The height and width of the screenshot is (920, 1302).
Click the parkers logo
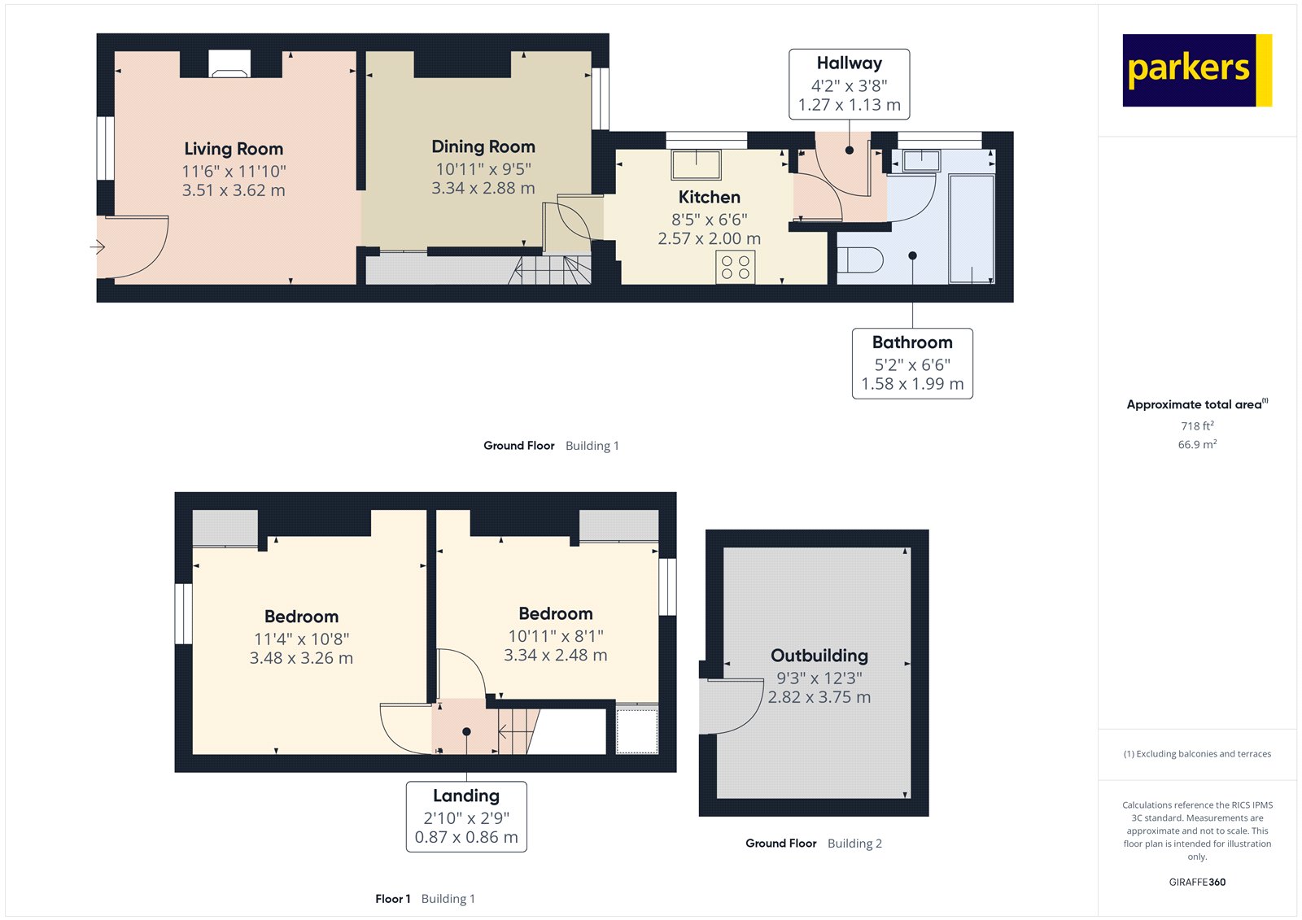(1196, 70)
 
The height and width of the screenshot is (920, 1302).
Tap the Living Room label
(234, 149)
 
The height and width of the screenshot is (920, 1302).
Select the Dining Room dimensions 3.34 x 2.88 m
(483, 188)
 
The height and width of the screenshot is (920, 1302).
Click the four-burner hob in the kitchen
(736, 268)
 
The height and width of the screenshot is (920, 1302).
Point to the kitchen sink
(696, 164)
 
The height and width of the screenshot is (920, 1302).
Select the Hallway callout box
(849, 84)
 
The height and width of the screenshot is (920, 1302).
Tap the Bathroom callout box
(912, 363)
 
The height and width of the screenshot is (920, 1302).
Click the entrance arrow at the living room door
(98, 246)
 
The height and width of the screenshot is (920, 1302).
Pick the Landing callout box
(466, 817)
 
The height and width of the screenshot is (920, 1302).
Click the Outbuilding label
(819, 656)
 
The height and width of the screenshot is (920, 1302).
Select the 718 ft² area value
(1197, 425)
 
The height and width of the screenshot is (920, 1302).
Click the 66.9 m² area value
(1197, 444)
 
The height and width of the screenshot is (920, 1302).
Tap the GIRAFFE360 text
(1197, 882)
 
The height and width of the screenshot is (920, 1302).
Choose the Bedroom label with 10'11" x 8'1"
(556, 614)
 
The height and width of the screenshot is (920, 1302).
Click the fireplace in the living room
(229, 63)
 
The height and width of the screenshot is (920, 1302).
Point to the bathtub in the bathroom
(972, 228)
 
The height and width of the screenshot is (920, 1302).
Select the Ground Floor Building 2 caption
(814, 844)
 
